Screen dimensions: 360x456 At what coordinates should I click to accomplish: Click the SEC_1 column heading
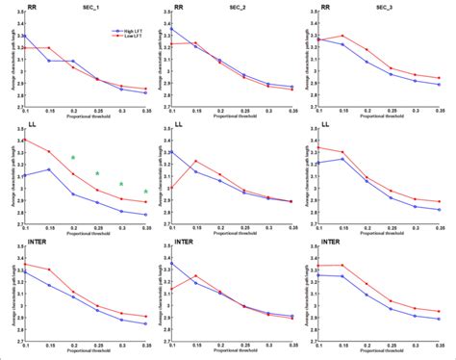[96, 8]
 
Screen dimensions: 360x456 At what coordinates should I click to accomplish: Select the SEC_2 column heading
[242, 8]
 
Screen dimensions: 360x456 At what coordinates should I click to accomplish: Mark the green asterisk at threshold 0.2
[73, 158]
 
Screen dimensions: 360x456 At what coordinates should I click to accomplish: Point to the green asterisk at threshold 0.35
[146, 192]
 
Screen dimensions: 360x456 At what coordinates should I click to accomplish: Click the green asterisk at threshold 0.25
[97, 173]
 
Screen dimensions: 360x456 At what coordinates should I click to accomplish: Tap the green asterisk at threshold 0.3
[122, 184]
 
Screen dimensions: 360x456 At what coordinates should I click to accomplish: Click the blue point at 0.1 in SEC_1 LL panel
[24, 175]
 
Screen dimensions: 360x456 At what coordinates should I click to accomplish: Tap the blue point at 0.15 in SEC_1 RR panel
[49, 61]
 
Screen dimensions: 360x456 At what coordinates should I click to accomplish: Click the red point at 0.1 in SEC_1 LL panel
[24, 141]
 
